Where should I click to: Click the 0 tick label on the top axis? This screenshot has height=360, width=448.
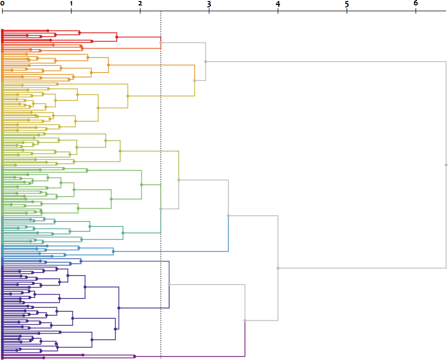[x=2, y=3]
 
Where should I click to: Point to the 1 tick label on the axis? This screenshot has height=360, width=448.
[x=71, y=3]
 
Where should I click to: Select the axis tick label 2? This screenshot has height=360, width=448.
[x=140, y=3]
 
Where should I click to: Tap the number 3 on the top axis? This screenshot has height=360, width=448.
[x=209, y=3]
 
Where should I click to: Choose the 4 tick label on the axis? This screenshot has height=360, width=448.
[x=278, y=3]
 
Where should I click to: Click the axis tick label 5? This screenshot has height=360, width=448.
[x=347, y=3]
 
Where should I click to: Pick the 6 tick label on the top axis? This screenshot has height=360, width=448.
[x=416, y=3]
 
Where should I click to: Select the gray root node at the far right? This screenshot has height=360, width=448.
[x=446, y=165]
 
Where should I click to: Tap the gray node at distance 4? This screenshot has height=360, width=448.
[x=278, y=268]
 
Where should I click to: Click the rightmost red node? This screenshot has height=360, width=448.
[x=117, y=37]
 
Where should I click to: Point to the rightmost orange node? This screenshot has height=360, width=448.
[x=108, y=65]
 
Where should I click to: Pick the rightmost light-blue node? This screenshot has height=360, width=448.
[x=113, y=252]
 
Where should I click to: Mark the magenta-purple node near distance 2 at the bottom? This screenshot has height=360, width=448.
[x=134, y=356]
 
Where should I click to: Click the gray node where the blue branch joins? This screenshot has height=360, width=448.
[x=228, y=216]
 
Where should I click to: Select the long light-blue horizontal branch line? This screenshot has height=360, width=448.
[x=171, y=252]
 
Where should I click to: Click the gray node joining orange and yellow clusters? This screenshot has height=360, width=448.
[x=194, y=80]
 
